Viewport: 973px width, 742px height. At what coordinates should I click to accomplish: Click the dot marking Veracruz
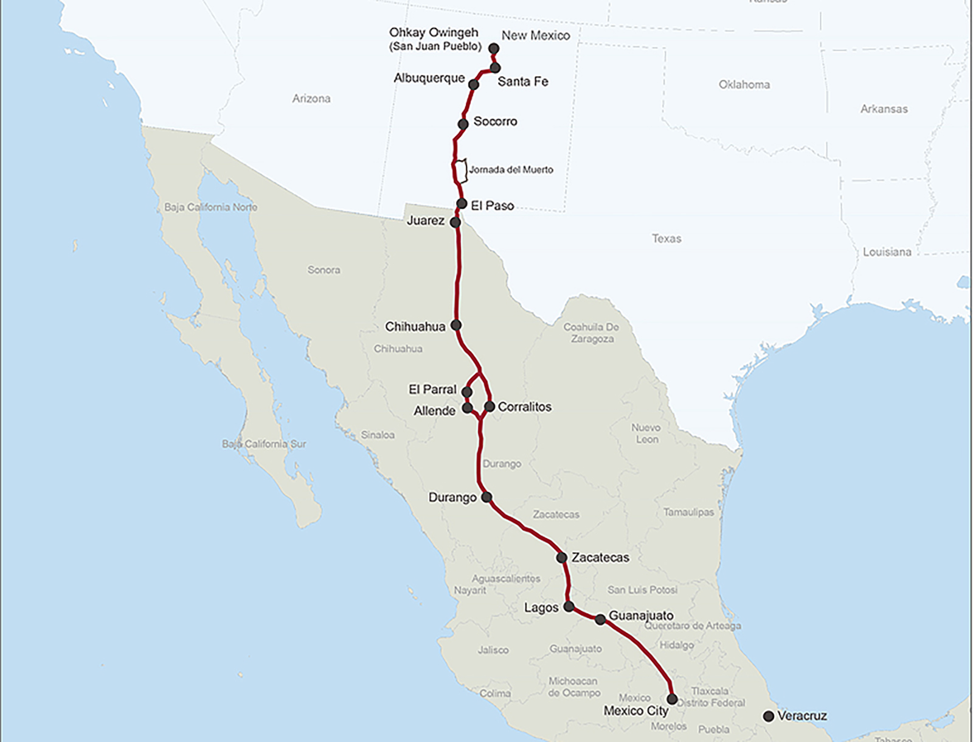pos(769,716)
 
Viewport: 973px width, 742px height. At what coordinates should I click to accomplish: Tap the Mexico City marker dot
pos(672,699)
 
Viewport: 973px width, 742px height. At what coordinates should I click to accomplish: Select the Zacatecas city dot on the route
pos(562,558)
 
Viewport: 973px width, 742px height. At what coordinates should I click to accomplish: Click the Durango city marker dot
pos(486,497)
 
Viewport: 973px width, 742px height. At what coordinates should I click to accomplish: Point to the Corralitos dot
pos(490,407)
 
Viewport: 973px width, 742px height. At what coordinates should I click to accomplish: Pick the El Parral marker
pos(467,392)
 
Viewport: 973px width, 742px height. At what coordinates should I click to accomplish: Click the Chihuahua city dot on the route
pos(456,326)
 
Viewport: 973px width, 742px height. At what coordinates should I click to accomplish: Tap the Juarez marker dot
pos(455,222)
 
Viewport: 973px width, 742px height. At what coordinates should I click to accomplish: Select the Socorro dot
pos(463,124)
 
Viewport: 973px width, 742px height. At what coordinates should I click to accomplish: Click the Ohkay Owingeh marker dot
pos(494,48)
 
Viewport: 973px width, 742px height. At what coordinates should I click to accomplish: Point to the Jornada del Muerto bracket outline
pos(462,171)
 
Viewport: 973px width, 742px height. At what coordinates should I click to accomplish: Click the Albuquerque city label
pos(429,78)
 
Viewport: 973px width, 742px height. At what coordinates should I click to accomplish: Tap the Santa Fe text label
pos(523,82)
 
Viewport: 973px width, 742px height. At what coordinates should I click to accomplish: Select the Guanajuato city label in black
pos(641,615)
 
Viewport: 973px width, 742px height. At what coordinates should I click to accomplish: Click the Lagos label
pos(541,607)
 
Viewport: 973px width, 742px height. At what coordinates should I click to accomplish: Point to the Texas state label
pos(667,239)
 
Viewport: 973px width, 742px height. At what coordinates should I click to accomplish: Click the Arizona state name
pos(311,99)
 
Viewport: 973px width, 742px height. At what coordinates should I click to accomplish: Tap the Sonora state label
pos(324,270)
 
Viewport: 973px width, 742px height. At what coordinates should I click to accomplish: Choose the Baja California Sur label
pos(264,444)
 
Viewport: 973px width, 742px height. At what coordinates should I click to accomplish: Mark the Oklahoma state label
pos(744,85)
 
